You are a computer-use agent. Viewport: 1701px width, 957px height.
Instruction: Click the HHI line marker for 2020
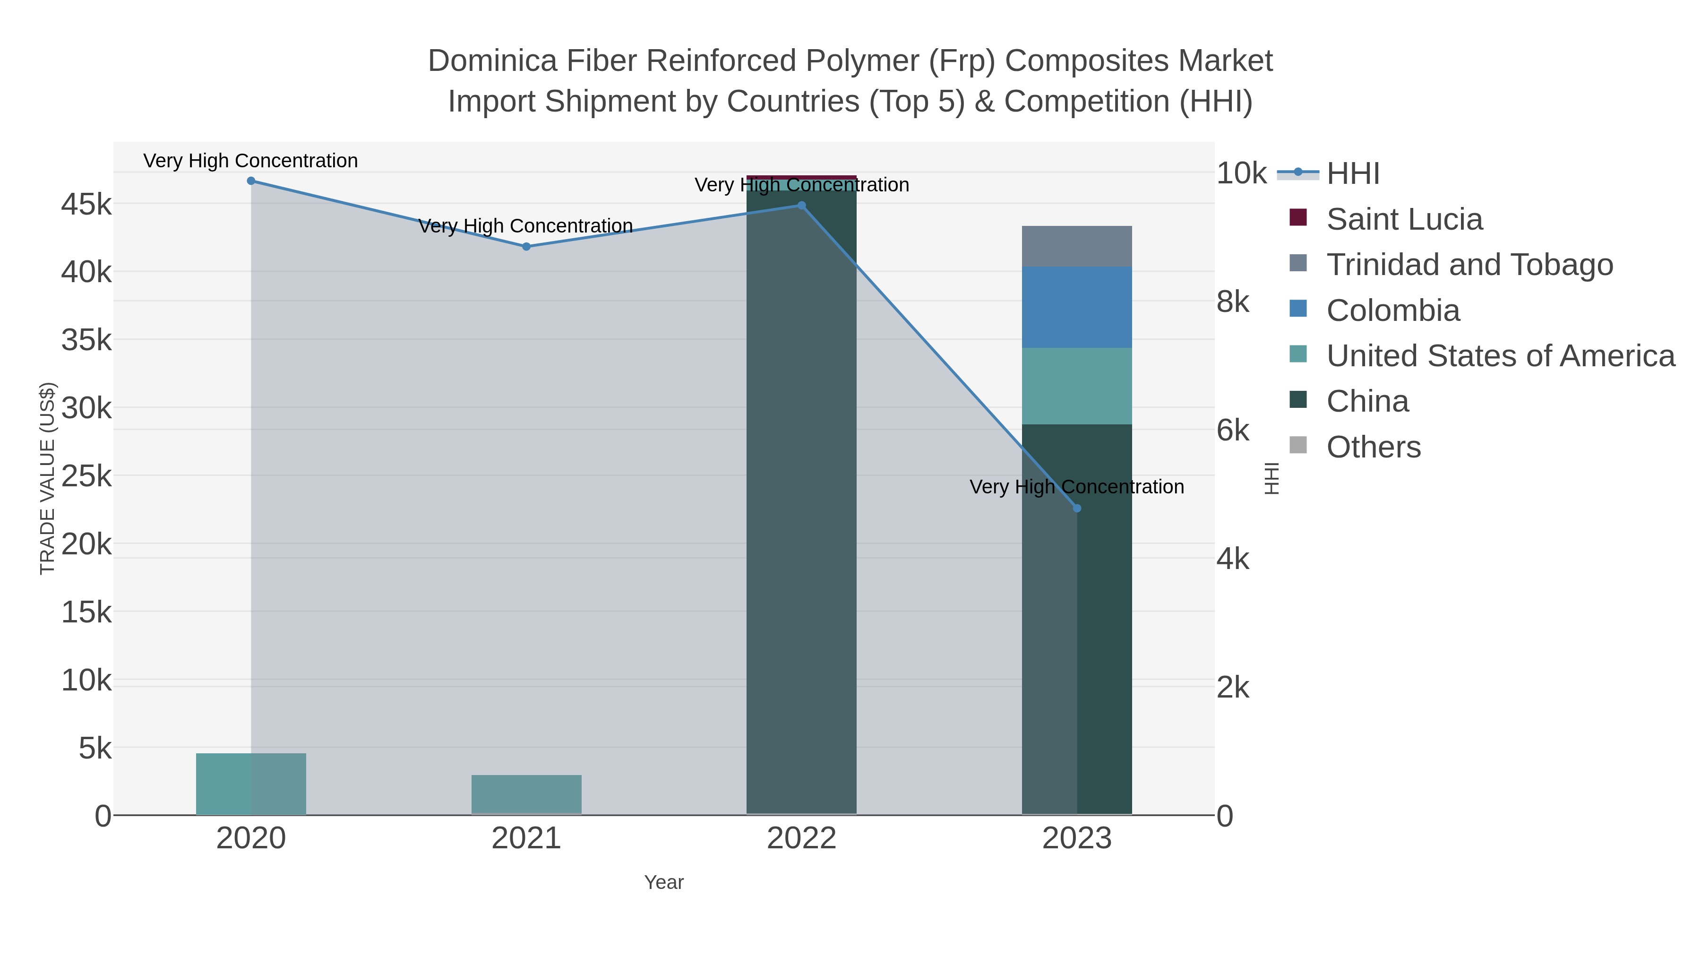point(251,181)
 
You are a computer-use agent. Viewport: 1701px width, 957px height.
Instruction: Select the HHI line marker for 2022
point(802,206)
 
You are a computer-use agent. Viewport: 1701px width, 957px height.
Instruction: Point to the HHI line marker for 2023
point(1077,509)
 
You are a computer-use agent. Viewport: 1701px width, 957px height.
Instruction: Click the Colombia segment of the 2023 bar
point(1077,307)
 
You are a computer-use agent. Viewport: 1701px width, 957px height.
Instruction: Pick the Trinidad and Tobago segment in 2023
point(1077,246)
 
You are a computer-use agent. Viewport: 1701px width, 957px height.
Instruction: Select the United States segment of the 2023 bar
point(1077,387)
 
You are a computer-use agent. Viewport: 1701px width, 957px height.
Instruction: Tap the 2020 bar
point(251,784)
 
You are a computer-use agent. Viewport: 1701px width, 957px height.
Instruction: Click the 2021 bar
point(526,794)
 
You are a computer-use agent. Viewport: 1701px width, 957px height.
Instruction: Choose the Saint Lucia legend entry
point(1404,219)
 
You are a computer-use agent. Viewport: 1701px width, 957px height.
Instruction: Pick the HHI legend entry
point(1352,174)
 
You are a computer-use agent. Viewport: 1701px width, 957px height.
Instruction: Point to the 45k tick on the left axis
point(86,205)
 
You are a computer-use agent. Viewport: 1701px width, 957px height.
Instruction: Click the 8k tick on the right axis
point(1233,302)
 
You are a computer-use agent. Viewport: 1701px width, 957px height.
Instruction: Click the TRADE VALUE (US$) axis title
point(48,478)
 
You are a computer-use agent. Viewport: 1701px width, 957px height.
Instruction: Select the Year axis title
point(664,882)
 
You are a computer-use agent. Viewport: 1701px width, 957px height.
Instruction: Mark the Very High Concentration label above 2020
point(251,161)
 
